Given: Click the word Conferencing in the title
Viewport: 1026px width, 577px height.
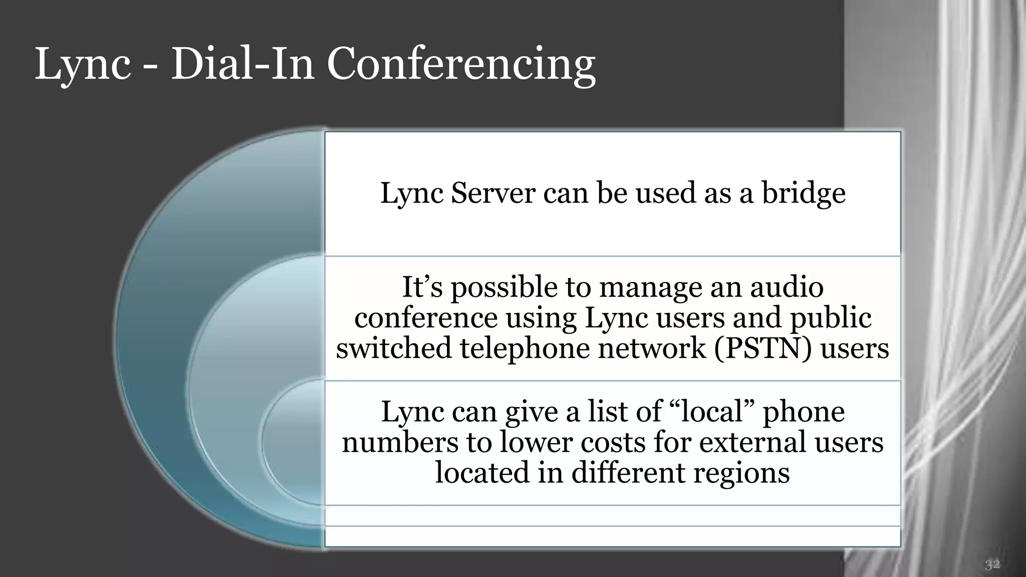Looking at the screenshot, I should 461,65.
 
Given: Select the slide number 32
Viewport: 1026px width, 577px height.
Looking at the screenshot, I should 992,565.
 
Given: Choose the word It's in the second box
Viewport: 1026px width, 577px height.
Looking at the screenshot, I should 422,287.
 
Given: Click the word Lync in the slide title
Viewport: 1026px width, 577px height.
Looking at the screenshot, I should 83,65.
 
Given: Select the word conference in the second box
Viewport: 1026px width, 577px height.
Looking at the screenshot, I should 426,318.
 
